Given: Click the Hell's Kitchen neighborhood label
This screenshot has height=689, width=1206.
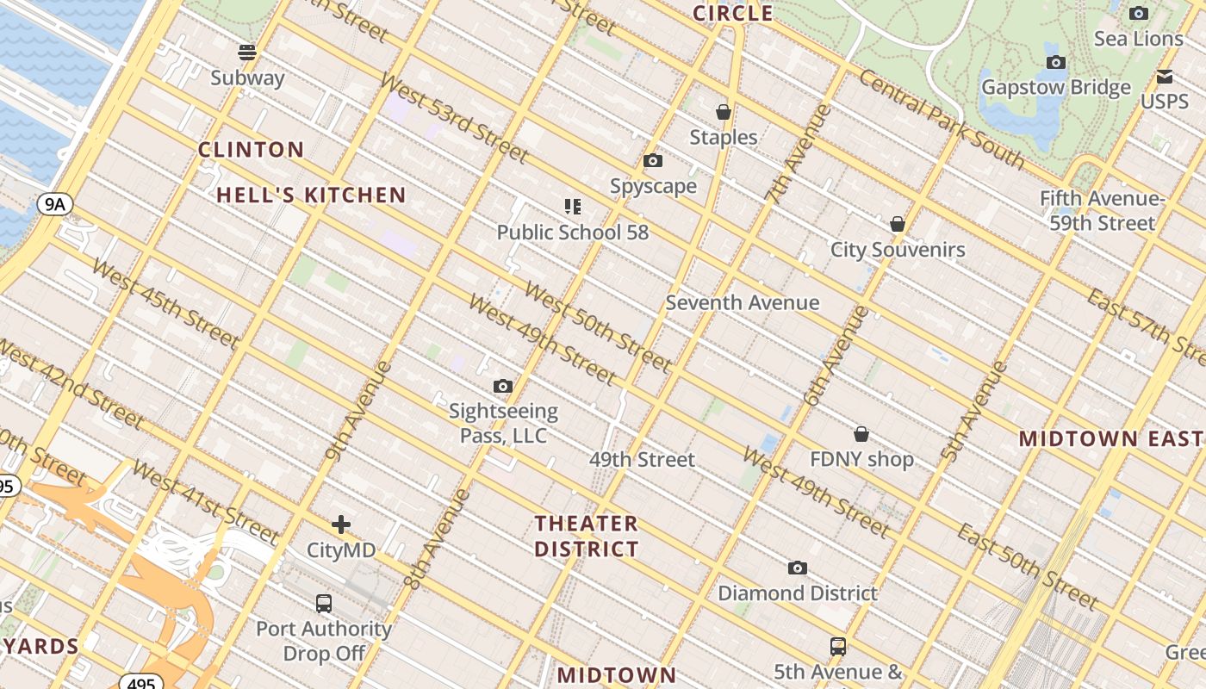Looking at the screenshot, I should pos(311,196).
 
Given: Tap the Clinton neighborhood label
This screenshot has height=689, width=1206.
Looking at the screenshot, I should pos(252,150).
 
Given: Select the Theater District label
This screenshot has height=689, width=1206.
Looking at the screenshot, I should pos(587,536).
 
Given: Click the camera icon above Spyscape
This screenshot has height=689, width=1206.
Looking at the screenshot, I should pos(653,161).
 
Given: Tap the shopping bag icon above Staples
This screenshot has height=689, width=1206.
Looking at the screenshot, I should pos(724,112).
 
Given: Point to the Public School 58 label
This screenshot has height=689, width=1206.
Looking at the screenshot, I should pos(573,233).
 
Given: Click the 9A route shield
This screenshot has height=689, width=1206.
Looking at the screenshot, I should pos(55,204).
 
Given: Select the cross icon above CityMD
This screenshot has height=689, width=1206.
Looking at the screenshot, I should pos(341,525).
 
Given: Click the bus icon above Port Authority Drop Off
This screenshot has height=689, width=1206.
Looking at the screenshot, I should pos(324,604).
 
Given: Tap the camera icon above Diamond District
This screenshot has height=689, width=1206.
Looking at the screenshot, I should pos(798,568).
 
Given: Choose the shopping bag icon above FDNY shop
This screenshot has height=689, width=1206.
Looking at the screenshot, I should pos(861,434).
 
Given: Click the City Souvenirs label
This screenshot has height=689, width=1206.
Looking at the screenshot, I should pos(898,250).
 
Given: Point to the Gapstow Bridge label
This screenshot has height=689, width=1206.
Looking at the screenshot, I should pos(1056,88).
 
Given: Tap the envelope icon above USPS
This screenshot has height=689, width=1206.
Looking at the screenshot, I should pos(1165,77).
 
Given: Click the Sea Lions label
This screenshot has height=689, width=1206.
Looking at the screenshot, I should pos(1139,39).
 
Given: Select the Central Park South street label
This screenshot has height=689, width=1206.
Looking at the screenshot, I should pos(942,119).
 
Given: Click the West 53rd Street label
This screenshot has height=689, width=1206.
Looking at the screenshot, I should pos(453,118).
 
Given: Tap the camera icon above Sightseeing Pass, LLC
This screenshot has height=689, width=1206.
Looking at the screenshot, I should pos(503,387).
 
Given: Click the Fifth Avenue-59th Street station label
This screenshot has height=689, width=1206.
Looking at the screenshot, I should pos(1102,211).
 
